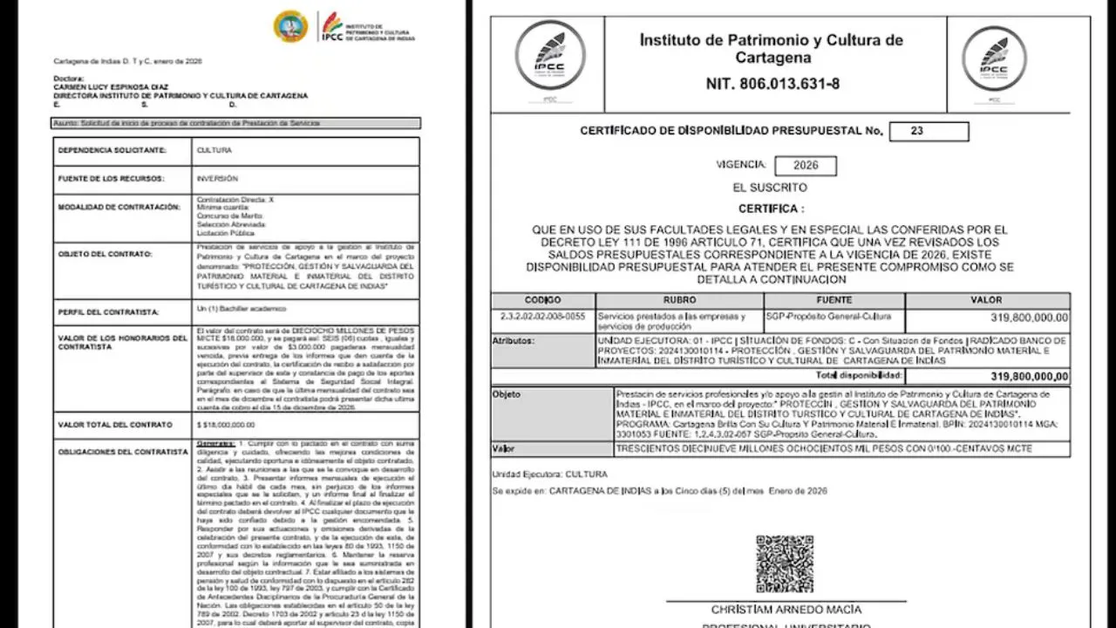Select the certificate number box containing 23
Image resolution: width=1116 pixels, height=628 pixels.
pyautogui.click(x=929, y=132)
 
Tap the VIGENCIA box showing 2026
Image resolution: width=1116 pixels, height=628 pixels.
pyautogui.click(x=805, y=166)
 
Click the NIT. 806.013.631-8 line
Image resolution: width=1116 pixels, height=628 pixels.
pyautogui.click(x=772, y=85)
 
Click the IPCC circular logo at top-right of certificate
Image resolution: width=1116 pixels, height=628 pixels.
pyautogui.click(x=994, y=58)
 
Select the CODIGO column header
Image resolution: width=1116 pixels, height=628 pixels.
pyautogui.click(x=543, y=300)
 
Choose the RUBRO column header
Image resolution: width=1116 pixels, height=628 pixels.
pyautogui.click(x=679, y=300)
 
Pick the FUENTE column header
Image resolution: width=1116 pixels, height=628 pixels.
pyautogui.click(x=834, y=300)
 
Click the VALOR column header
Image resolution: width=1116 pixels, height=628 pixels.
pyautogui.click(x=986, y=300)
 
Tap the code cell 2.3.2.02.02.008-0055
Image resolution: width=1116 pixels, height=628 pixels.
pyautogui.click(x=543, y=317)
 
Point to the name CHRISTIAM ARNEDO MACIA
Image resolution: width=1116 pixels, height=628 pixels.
pyautogui.click(x=786, y=610)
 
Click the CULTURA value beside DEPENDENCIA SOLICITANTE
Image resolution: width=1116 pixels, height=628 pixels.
pyautogui.click(x=214, y=150)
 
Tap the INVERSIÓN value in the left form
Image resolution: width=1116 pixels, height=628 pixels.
pyautogui.click(x=217, y=179)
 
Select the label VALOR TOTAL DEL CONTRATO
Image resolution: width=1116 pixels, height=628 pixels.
pyautogui.click(x=114, y=425)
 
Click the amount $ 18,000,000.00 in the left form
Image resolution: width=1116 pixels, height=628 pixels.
pyautogui.click(x=227, y=425)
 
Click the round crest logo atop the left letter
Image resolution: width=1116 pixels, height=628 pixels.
pyautogui.click(x=290, y=26)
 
